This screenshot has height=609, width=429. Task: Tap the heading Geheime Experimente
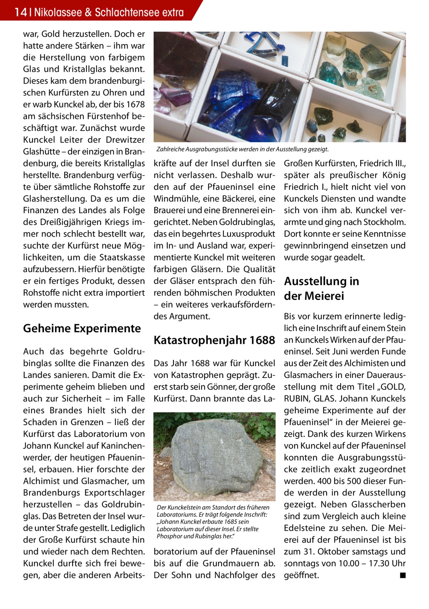82,328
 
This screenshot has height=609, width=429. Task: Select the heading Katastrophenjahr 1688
214,340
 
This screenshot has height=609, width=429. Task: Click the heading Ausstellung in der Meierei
321,289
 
